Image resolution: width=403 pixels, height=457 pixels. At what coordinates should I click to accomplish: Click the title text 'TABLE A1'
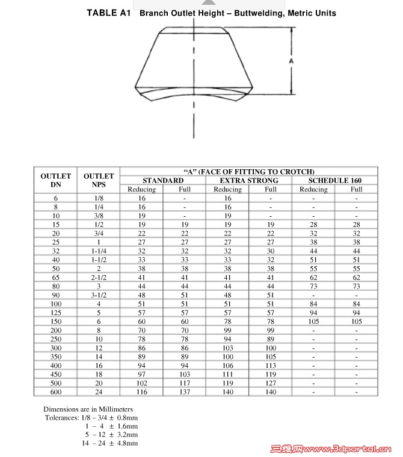(x=108, y=13)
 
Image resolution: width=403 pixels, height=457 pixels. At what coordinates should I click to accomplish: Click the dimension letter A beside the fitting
(x=291, y=61)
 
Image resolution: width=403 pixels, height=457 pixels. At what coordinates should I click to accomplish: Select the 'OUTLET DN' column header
(x=56, y=180)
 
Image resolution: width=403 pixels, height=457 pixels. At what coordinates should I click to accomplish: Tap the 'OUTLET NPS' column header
(x=99, y=180)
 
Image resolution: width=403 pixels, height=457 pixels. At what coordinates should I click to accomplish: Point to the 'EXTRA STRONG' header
(x=249, y=180)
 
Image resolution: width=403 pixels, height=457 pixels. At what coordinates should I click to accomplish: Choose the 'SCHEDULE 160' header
(x=334, y=180)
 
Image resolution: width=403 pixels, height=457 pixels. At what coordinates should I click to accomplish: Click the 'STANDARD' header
(x=163, y=180)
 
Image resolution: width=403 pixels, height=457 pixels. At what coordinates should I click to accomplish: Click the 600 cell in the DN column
(x=56, y=392)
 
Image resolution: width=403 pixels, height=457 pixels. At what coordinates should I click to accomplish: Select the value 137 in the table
(x=185, y=392)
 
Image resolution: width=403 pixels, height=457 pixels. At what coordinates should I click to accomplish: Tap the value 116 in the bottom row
(x=142, y=392)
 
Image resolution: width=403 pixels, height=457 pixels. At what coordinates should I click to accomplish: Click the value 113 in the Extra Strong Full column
(x=271, y=365)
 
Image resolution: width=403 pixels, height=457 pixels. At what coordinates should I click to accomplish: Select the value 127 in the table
(x=271, y=383)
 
